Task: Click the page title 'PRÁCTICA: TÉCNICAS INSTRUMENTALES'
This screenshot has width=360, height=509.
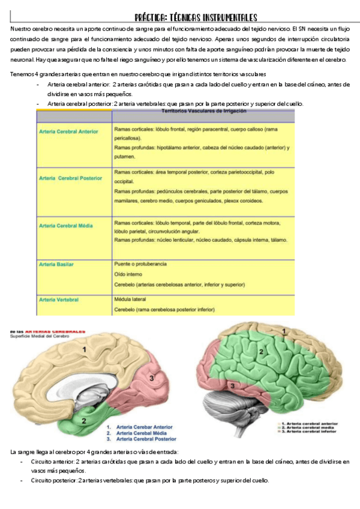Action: tap(196, 18)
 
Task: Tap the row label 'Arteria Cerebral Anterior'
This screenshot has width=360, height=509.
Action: tap(68, 131)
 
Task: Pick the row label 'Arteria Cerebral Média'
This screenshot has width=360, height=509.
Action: tap(65, 226)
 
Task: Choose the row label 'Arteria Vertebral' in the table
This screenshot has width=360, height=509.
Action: tap(58, 299)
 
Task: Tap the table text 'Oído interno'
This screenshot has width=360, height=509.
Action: tap(127, 274)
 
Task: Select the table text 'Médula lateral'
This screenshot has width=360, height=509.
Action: tap(129, 299)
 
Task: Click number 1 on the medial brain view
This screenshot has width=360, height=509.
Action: tap(85, 349)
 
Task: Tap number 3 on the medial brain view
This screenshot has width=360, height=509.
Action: tap(152, 378)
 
